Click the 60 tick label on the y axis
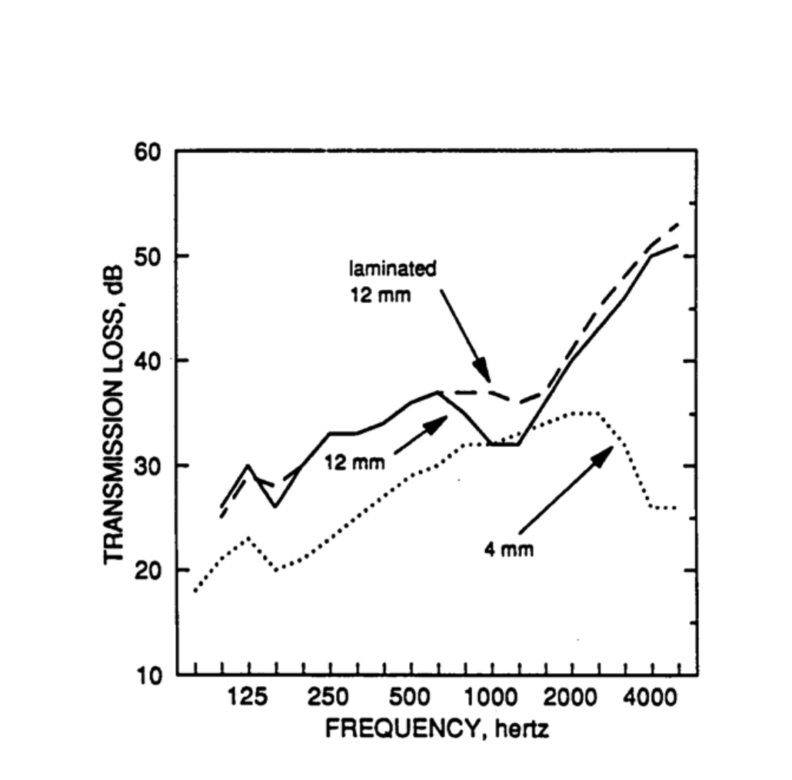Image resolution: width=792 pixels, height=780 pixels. [148, 152]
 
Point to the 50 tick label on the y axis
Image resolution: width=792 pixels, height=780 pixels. [148, 256]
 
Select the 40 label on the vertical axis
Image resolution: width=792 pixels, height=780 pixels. [148, 361]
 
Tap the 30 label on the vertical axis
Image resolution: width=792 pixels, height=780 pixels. [148, 466]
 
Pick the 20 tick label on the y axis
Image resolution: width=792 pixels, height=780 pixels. [148, 571]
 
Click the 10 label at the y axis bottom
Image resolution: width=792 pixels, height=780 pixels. [148, 676]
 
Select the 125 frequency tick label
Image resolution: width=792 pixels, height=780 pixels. [248, 698]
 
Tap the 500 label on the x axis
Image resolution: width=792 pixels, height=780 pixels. [411, 698]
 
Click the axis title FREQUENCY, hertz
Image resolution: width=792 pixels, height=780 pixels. [437, 728]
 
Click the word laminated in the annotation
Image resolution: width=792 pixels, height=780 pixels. [392, 269]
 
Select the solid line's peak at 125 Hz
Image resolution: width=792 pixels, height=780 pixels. [248, 465]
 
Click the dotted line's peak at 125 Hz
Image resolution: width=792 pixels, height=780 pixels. [248, 538]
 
